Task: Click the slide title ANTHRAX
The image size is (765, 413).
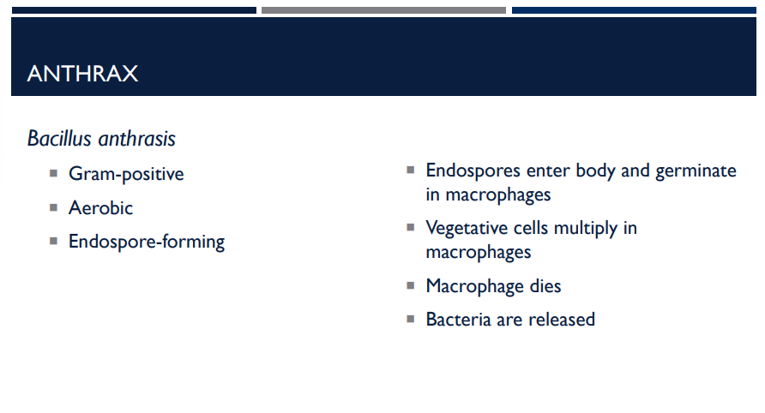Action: (82, 74)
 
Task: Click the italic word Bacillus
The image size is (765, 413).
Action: (61, 138)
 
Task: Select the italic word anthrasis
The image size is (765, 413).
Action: (137, 138)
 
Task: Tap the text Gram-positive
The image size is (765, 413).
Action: (126, 174)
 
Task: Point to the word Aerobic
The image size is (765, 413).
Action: (101, 207)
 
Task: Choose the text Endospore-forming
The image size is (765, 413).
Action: (147, 242)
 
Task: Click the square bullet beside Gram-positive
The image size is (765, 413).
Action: (53, 173)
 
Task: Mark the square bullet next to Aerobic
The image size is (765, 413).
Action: (53, 206)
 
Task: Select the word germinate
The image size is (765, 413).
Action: (696, 171)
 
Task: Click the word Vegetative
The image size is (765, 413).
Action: (467, 228)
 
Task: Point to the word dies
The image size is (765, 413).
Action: (545, 285)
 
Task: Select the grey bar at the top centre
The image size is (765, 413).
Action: (383, 10)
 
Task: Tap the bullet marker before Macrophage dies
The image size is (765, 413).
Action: (411, 284)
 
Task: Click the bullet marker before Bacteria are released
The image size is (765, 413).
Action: (411, 319)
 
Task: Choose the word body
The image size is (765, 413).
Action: (595, 171)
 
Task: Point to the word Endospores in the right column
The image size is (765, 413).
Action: (473, 171)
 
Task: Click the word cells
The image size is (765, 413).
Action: (533, 228)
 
